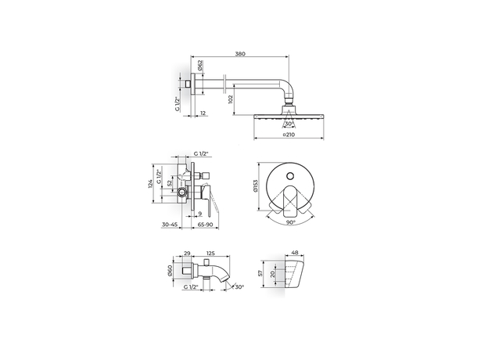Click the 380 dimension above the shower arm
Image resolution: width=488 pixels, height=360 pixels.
(x=240, y=53)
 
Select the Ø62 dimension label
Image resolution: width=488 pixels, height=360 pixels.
(x=200, y=65)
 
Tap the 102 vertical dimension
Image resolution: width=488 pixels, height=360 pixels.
(x=231, y=99)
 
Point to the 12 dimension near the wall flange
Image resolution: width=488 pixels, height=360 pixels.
(x=203, y=113)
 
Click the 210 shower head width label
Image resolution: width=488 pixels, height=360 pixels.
(x=289, y=135)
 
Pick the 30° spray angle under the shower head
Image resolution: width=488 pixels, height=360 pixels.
(x=289, y=124)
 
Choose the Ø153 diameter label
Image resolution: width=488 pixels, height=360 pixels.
(x=256, y=186)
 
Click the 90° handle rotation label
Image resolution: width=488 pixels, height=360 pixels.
(x=291, y=222)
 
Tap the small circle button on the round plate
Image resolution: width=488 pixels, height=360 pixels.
(x=290, y=176)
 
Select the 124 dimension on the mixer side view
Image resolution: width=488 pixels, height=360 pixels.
(x=150, y=184)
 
